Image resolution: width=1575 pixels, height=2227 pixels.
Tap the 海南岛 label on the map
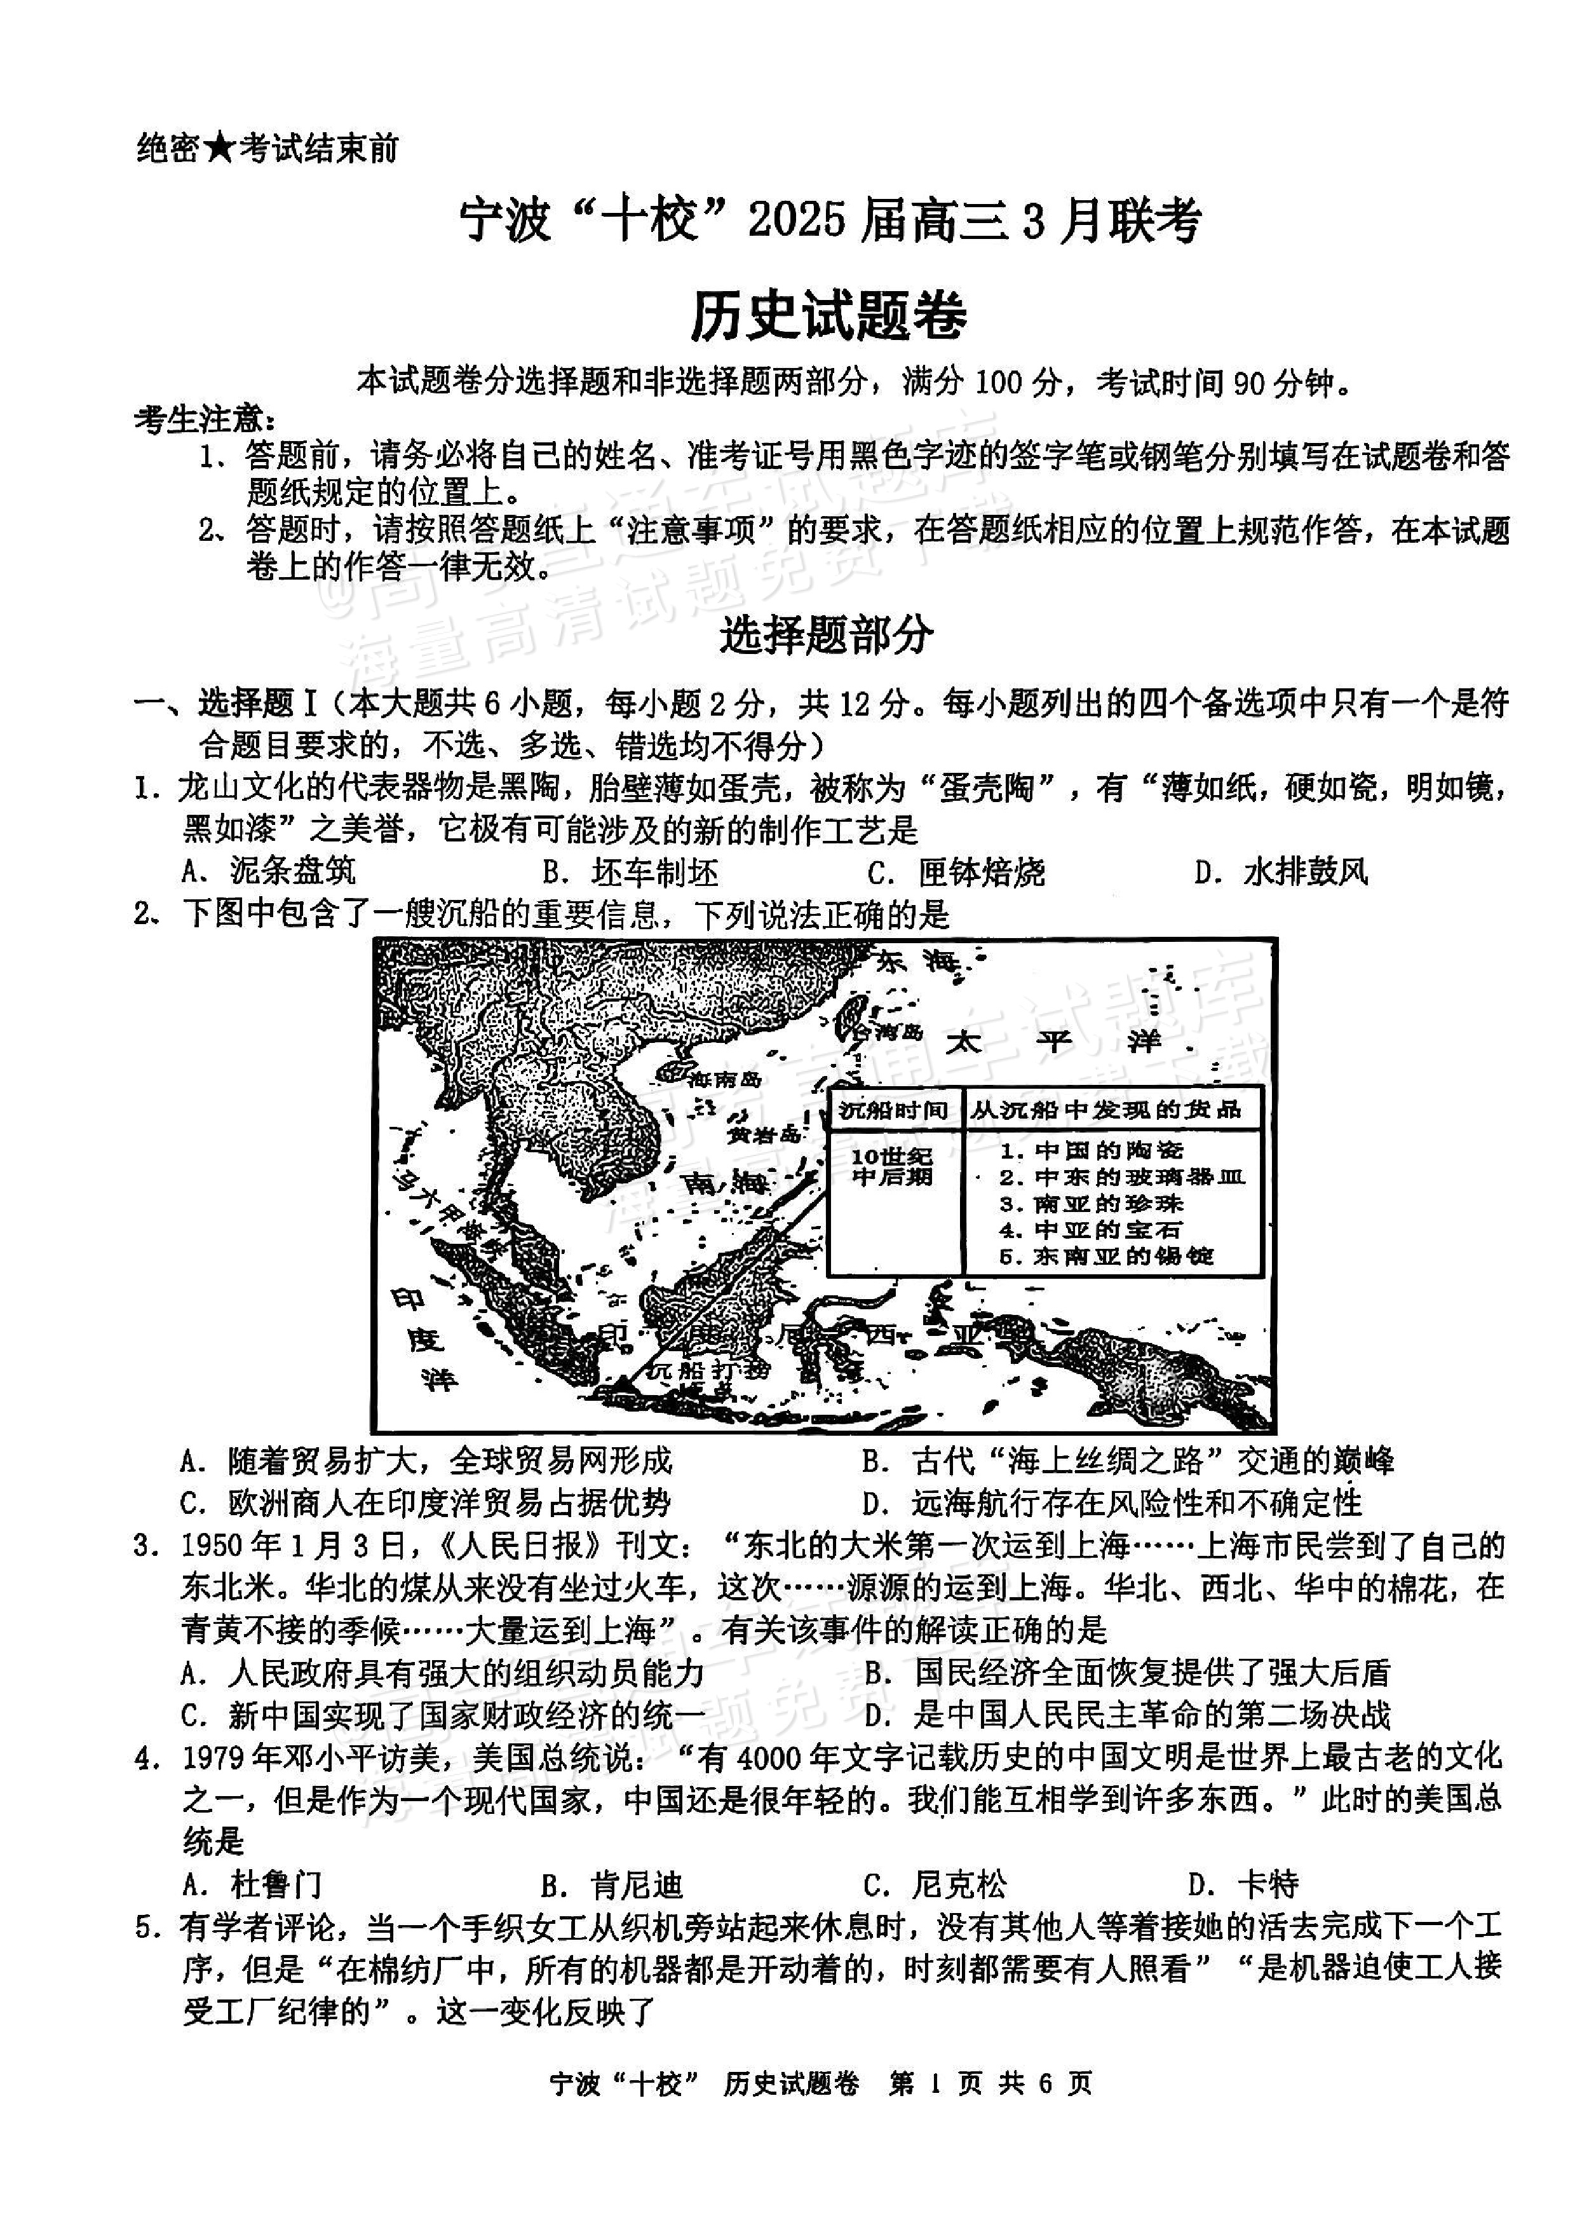716,1079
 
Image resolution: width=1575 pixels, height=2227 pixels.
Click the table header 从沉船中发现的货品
1105,1110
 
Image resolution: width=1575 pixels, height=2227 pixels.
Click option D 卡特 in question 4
1242,1884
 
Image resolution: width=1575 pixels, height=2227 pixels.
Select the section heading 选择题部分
827,636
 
